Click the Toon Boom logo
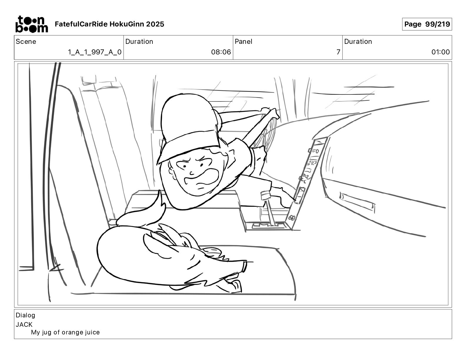click(x=31, y=24)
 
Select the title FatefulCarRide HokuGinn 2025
click(x=109, y=24)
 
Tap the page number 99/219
click(x=437, y=24)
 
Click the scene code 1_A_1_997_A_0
click(x=94, y=52)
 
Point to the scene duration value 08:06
click(x=221, y=52)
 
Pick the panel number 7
click(x=338, y=52)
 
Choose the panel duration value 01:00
click(x=440, y=52)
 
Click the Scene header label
click(x=26, y=41)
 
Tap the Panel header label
click(x=243, y=41)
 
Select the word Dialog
click(x=25, y=315)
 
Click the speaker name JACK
click(x=24, y=324)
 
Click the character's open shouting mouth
click(x=201, y=179)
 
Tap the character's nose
click(x=192, y=173)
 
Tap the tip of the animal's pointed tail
click(x=159, y=190)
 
